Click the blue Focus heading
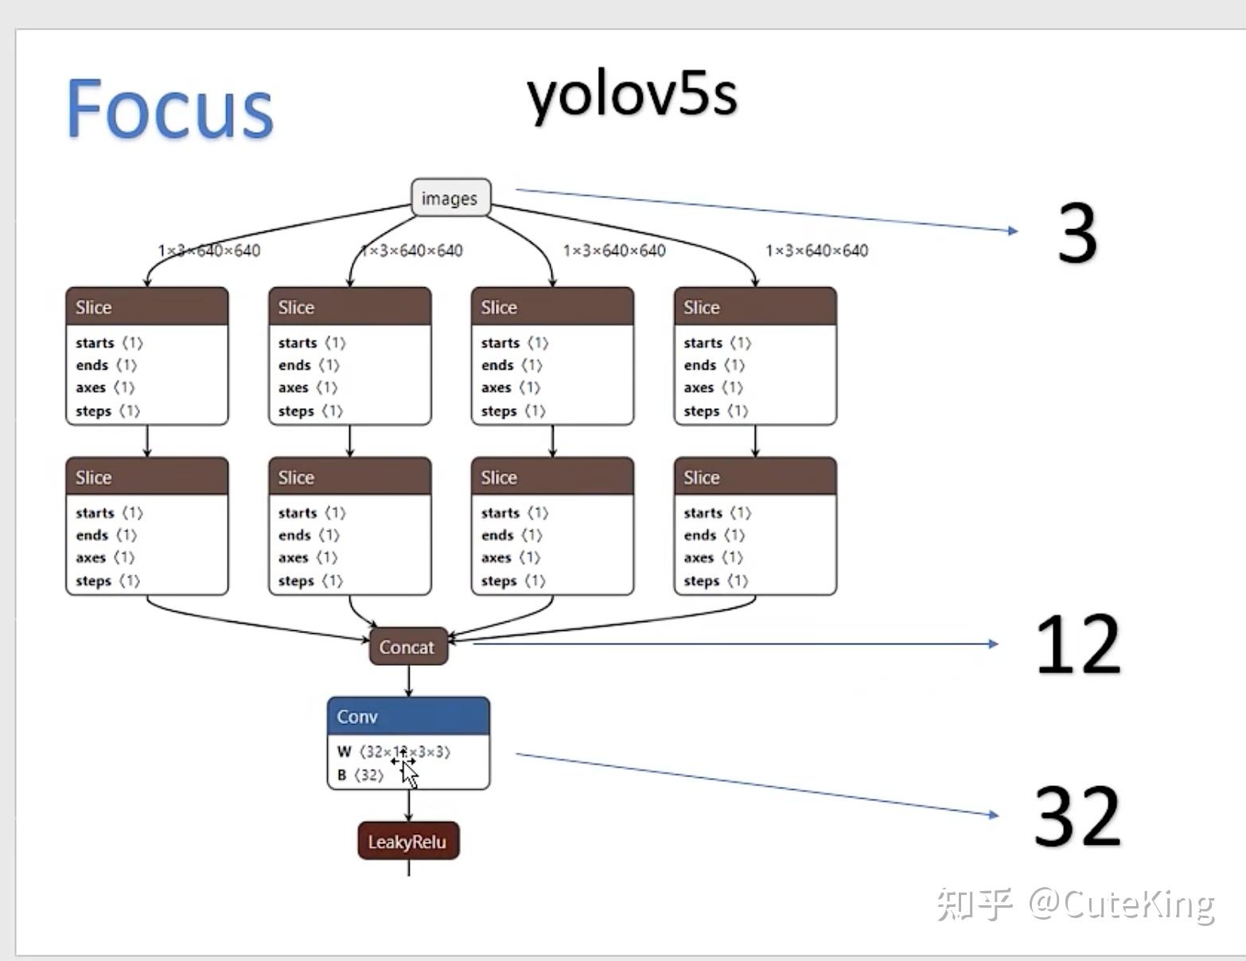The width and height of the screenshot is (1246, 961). (169, 109)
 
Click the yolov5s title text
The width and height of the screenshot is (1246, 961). (632, 95)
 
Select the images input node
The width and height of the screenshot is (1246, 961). (450, 198)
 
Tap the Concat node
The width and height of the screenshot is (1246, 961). (408, 647)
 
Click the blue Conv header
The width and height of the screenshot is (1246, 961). (408, 716)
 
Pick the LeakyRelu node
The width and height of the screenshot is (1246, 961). (408, 841)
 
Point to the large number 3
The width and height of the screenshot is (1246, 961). (1077, 233)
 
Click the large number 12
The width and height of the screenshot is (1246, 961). (1079, 644)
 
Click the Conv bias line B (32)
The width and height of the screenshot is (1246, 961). (360, 775)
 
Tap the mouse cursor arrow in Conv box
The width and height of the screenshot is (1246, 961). (410, 773)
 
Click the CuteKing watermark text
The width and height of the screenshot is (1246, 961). (1121, 905)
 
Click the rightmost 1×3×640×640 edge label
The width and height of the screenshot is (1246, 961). (816, 251)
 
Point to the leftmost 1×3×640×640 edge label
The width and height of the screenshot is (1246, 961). (208, 251)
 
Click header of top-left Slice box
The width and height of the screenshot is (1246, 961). (146, 306)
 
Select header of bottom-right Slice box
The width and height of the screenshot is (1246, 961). (755, 477)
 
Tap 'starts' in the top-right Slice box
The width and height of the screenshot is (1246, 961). (703, 343)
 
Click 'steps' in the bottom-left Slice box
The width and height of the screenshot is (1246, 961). (93, 581)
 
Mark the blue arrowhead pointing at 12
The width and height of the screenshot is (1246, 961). (994, 644)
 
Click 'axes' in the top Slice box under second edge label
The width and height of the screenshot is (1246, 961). (293, 388)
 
